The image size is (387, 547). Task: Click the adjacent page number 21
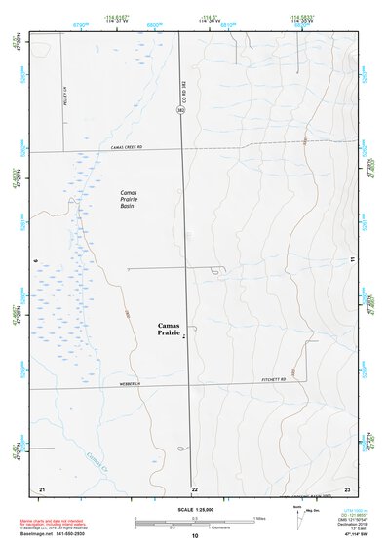pyautogui.click(x=42, y=487)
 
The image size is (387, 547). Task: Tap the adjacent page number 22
pyautogui.click(x=195, y=487)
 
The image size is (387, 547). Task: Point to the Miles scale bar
pyautogui.click(x=192, y=520)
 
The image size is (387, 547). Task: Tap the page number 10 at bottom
pyautogui.click(x=195, y=535)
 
